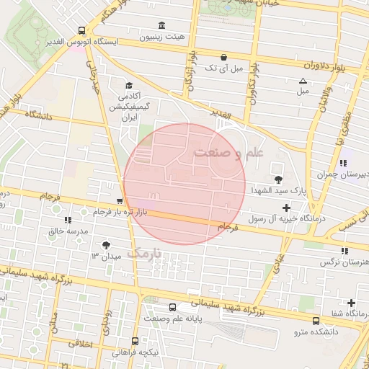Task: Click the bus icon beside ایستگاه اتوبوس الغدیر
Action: tap(81, 31)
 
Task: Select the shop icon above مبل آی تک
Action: tap(223, 57)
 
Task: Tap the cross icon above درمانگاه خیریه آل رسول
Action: tap(286, 208)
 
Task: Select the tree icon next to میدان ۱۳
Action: tap(107, 246)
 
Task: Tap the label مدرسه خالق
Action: tap(67, 231)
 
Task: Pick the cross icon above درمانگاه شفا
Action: tap(351, 303)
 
